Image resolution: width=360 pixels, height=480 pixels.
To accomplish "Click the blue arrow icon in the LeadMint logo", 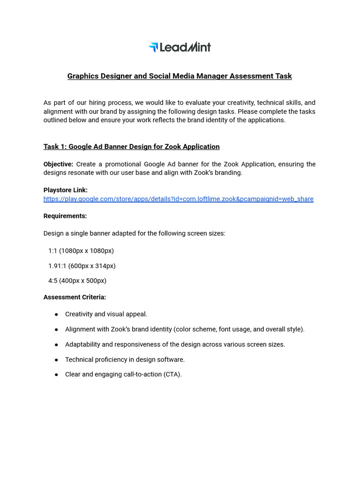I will click(153, 47).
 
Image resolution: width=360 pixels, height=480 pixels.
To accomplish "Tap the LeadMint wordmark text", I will click(185, 47).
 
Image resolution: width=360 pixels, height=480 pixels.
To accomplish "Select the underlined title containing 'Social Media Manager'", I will click(180, 76).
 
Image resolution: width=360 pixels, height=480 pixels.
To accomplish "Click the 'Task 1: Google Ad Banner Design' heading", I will click(131, 147).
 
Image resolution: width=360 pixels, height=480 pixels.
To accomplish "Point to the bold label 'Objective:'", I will click(58, 164).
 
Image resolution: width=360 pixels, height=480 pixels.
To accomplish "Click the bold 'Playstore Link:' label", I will click(66, 190).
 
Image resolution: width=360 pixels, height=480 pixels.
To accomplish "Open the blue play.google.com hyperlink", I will click(178, 199).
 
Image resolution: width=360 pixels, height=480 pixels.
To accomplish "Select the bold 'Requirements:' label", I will click(65, 216).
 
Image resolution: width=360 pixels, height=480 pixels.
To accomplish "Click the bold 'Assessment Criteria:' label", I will click(75, 297).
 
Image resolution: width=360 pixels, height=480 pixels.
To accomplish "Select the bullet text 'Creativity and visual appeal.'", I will click(106, 314).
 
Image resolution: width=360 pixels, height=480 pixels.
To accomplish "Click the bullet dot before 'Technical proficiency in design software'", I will click(57, 360).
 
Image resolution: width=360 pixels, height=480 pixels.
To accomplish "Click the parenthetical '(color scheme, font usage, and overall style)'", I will click(239, 330).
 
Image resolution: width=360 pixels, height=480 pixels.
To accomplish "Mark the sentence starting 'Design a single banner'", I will click(134, 233).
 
